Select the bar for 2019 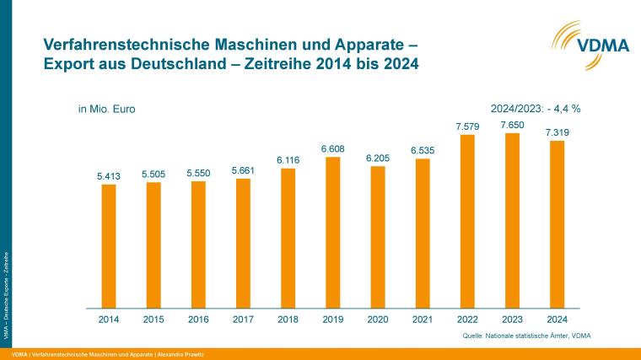[332, 232]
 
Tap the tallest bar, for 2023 [511, 220]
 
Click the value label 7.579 [466, 126]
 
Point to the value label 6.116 [288, 160]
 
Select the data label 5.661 [243, 170]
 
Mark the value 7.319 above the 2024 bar [556, 132]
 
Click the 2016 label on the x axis [197, 320]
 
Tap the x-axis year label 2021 [422, 320]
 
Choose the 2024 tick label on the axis [556, 320]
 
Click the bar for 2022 [466, 221]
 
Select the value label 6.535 [422, 150]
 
